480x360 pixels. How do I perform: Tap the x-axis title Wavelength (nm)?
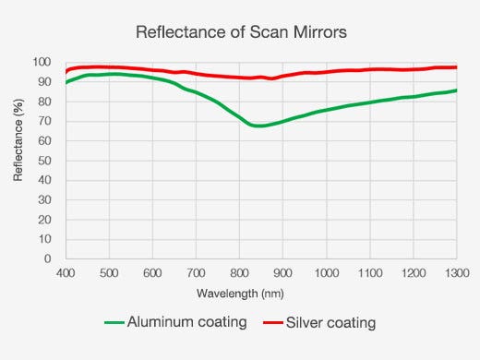coord(241,294)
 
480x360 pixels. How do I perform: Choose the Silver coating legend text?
coord(330,323)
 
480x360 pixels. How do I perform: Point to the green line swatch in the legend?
coord(114,323)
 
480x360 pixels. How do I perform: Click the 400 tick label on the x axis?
coord(66,273)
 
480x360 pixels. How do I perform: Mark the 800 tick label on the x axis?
coord(239,273)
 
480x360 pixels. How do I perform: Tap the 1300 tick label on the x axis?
coord(455,273)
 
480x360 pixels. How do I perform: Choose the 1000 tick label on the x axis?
coord(326,273)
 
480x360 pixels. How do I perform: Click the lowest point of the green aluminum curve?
coord(259,126)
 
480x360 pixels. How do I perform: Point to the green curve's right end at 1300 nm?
coord(456,90)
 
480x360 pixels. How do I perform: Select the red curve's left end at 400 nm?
coord(66,71)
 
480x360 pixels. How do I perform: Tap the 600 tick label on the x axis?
coord(152,273)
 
